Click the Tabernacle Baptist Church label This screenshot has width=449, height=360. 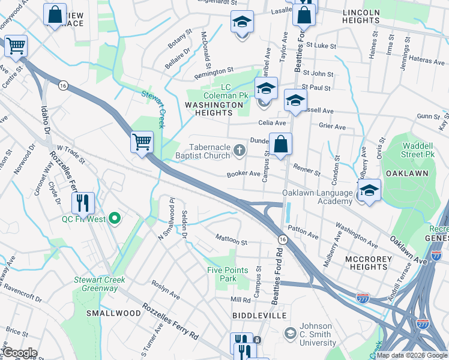pyautogui.click(x=209, y=151)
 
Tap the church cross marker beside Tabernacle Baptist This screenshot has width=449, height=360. pyautogui.click(x=239, y=150)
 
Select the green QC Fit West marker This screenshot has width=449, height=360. pyautogui.click(x=116, y=219)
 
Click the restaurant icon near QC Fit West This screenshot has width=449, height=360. pyautogui.click(x=83, y=202)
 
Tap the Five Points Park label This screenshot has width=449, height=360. pyautogui.click(x=228, y=274)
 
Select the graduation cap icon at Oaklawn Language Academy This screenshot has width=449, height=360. pyautogui.click(x=370, y=190)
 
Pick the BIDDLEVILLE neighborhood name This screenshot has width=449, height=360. pyautogui.click(x=256, y=314)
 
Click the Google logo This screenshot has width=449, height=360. pyautogui.click(x=19, y=352)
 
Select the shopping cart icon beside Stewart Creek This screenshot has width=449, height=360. pyautogui.click(x=142, y=142)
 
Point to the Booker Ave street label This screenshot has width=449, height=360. pyautogui.click(x=243, y=174)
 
